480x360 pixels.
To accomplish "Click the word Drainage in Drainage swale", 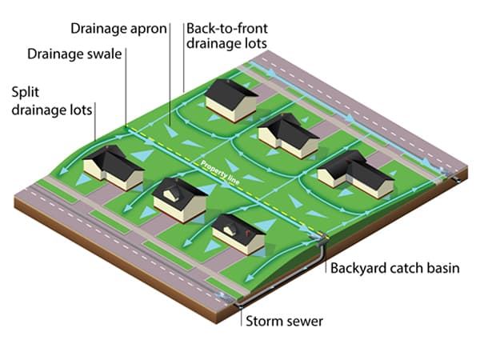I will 55,54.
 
